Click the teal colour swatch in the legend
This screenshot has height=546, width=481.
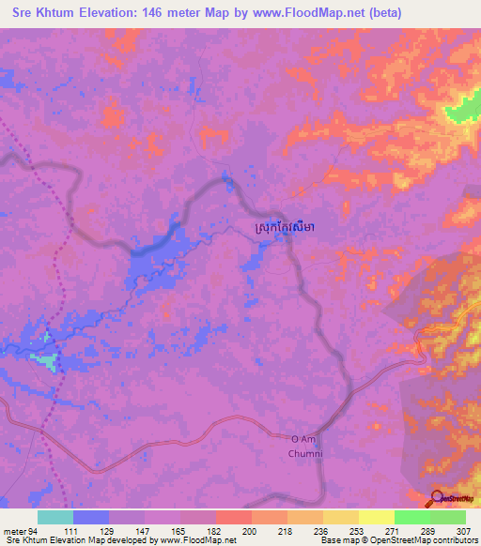coord(55,517)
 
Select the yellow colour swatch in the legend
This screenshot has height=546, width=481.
coord(377,517)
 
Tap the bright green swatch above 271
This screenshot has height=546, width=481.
coord(412,517)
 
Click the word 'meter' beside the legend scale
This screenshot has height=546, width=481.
coord(13,530)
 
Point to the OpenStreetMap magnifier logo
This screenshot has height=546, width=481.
coord(438,498)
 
